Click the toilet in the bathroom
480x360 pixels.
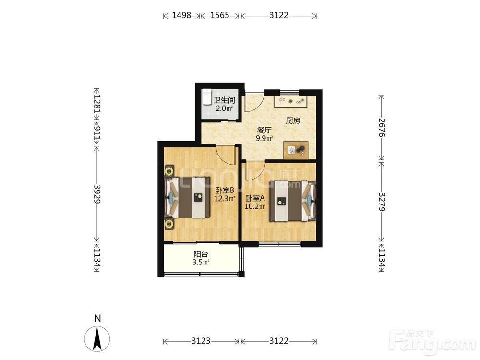pyautogui.click(x=206, y=97)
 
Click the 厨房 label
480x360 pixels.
pyautogui.click(x=293, y=120)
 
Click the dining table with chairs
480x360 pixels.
pyautogui.click(x=296, y=150)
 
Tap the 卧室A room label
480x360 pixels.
pyautogui.click(x=255, y=198)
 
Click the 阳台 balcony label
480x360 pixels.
pyautogui.click(x=201, y=254)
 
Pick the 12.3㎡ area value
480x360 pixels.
pyautogui.click(x=225, y=199)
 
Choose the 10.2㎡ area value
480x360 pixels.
pyautogui.click(x=255, y=206)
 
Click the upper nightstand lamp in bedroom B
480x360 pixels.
pyautogui.click(x=168, y=171)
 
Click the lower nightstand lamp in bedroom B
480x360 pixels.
pyautogui.click(x=168, y=224)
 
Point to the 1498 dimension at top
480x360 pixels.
pyautogui.click(x=181, y=15)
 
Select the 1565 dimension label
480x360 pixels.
pyautogui.click(x=220, y=15)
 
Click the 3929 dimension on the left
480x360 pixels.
pyautogui.click(x=97, y=194)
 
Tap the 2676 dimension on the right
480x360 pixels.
pyautogui.click(x=382, y=127)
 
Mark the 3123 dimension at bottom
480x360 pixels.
pyautogui.click(x=201, y=341)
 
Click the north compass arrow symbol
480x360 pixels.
pyautogui.click(x=97, y=338)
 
